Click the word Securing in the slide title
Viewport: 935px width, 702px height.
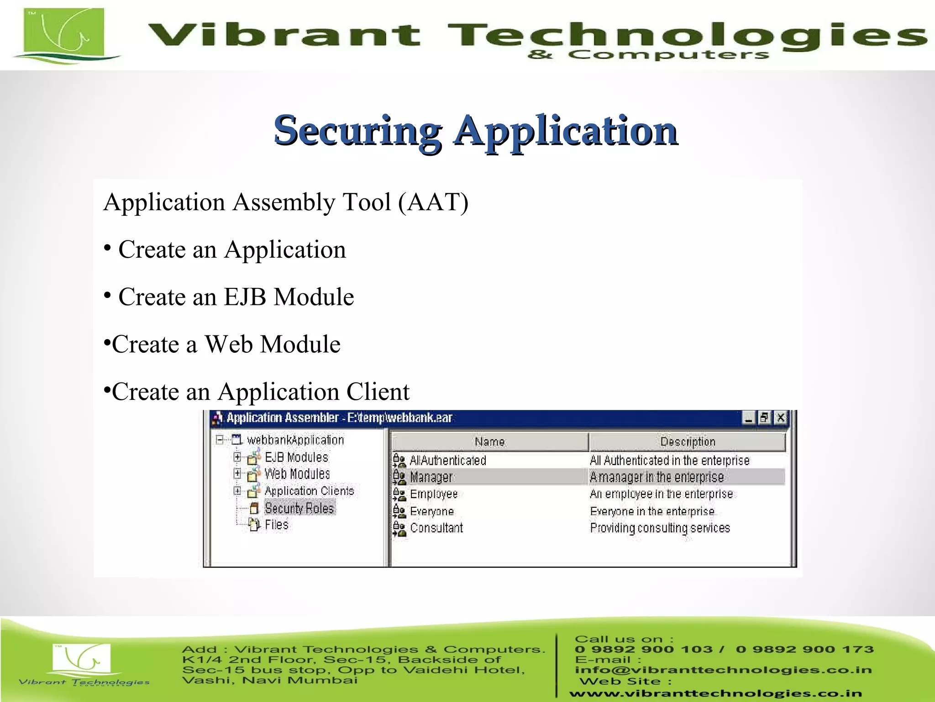click(357, 132)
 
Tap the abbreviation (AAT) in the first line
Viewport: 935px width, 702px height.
click(433, 202)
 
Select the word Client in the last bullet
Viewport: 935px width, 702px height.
click(378, 392)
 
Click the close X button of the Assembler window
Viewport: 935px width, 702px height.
click(781, 418)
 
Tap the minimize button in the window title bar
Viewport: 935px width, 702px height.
click(748, 418)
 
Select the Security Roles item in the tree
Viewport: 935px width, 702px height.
click(299, 508)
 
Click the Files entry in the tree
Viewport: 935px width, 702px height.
click(277, 525)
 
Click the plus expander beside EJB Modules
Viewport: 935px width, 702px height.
click(237, 457)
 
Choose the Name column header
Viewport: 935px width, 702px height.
click(489, 442)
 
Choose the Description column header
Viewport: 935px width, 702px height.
click(688, 442)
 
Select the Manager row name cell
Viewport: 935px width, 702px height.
click(431, 477)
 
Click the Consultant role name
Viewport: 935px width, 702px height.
click(436, 528)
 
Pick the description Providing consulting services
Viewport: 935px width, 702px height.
click(660, 528)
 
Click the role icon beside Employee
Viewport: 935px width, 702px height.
click(399, 495)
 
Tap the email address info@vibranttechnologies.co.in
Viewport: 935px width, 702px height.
click(723, 670)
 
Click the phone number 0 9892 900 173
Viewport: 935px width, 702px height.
click(804, 649)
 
